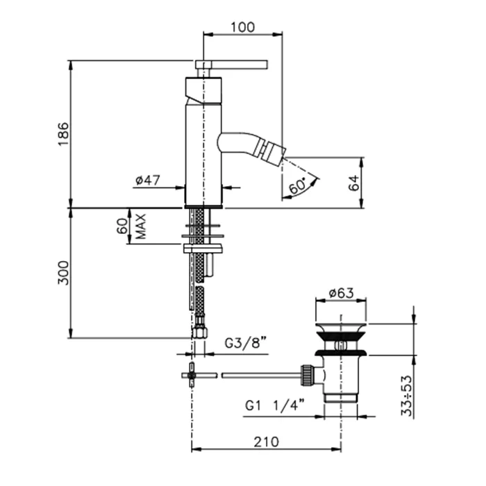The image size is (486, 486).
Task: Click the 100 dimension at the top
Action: (x=243, y=27)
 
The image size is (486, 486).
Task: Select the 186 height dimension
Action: (x=63, y=134)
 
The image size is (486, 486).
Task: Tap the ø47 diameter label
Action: (x=147, y=180)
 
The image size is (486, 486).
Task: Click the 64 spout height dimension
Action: (x=353, y=183)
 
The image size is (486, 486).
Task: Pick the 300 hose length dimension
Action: (x=63, y=273)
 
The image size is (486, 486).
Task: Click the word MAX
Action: (x=141, y=226)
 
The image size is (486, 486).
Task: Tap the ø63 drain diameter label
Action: (x=341, y=292)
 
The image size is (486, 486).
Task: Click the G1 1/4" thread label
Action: (x=275, y=405)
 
